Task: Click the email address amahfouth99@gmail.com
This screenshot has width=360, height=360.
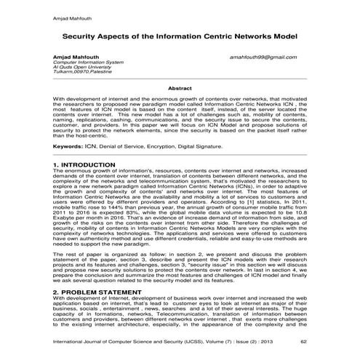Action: (270, 57)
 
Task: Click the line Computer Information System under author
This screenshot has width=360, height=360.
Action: (87, 63)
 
